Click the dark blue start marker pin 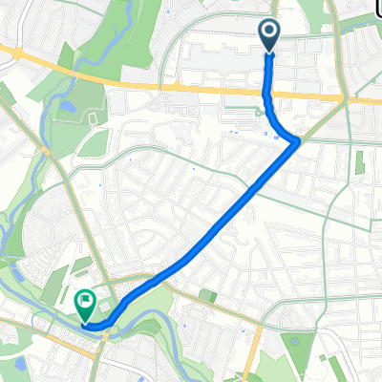point(269,34)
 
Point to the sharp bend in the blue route point(297,141)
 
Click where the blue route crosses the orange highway point(266,93)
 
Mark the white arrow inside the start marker point(269,32)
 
